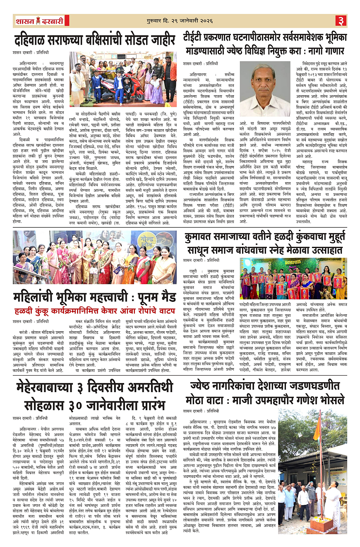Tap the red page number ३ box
341,20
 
